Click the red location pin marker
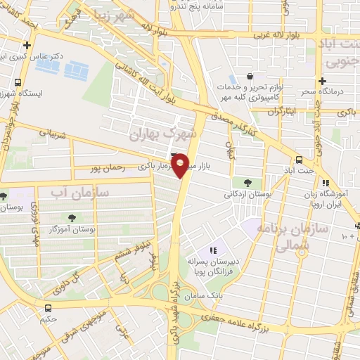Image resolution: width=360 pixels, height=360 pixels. (181, 165)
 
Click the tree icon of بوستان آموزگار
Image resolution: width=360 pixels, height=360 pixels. (72, 217)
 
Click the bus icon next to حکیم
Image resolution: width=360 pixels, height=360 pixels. (48, 308)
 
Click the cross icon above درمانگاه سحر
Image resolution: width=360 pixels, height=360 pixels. (323, 81)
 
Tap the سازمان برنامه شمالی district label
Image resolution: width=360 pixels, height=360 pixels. (283, 238)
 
